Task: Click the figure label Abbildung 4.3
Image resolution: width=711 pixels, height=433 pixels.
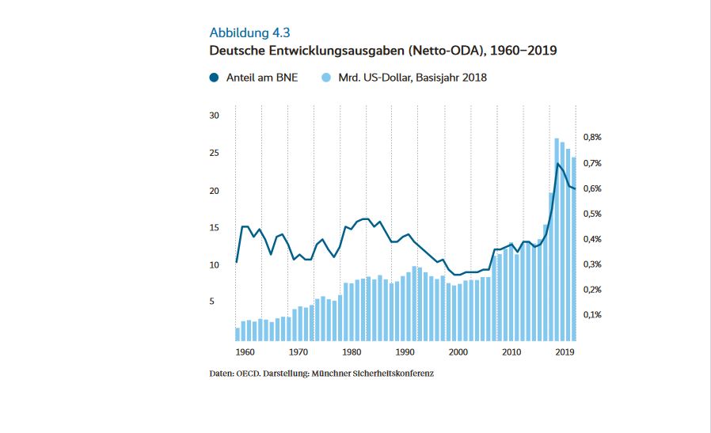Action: click(249, 32)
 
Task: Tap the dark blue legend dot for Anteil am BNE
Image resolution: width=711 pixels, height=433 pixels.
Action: click(214, 78)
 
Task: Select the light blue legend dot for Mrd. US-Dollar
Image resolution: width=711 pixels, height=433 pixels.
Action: click(325, 78)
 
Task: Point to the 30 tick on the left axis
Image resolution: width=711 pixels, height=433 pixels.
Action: click(214, 116)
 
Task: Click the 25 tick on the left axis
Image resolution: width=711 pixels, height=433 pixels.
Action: click(214, 153)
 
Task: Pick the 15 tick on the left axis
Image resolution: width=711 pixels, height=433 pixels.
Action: click(214, 228)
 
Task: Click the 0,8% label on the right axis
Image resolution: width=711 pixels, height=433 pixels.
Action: click(592, 138)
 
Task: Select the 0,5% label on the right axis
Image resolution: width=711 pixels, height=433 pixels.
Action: click(592, 214)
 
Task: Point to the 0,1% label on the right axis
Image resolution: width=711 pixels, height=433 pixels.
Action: click(592, 315)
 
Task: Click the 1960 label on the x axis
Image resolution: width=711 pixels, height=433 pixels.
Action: click(245, 352)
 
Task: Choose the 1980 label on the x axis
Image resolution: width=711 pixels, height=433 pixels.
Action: click(352, 352)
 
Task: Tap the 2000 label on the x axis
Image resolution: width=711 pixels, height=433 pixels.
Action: click(459, 352)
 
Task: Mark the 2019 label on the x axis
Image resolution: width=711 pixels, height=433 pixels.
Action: click(565, 352)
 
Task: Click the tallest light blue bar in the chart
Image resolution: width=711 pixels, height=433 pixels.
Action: click(557, 237)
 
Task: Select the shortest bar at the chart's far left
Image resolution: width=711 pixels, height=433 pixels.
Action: click(237, 333)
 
